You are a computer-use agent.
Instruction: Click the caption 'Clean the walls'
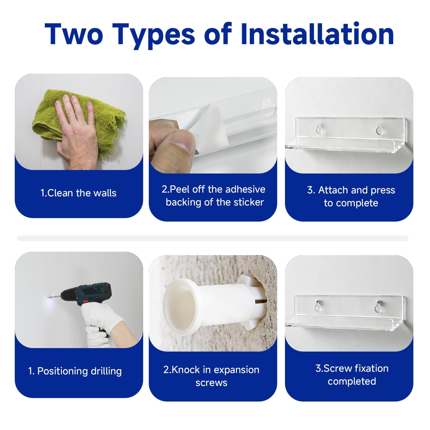78,193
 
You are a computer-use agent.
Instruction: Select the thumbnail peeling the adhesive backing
213,125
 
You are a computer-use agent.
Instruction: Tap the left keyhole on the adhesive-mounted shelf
319,129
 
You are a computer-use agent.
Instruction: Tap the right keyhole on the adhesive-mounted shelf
380,129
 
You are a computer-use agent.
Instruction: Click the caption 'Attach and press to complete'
351,196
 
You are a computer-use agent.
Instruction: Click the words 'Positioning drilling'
80,371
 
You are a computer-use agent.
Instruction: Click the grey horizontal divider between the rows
213,238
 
